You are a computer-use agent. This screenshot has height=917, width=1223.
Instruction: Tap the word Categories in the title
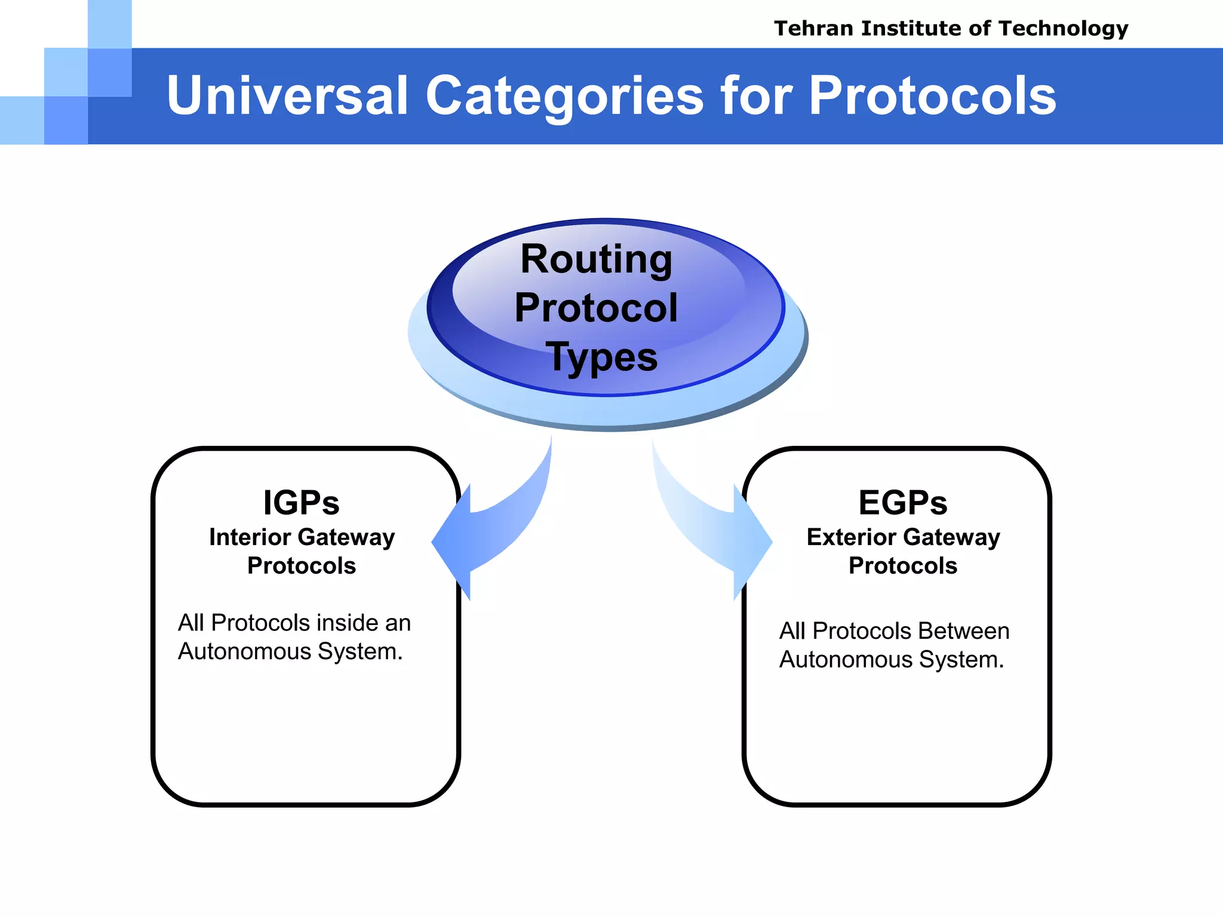point(564,97)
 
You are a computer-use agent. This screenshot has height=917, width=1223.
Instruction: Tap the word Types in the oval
point(601,358)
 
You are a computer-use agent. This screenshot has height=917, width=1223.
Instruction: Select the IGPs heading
point(302,503)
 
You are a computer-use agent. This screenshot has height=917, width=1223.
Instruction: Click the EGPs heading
point(903,503)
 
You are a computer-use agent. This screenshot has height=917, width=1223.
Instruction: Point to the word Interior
point(251,537)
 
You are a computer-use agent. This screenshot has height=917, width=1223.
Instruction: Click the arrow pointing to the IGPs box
point(484,531)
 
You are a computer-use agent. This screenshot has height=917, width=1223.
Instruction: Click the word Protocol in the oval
point(596,308)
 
